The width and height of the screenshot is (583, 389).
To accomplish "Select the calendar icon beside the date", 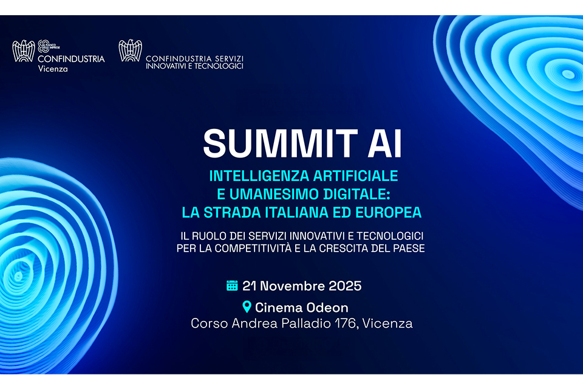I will click(232, 286).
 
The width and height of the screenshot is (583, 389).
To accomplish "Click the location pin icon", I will click(247, 307).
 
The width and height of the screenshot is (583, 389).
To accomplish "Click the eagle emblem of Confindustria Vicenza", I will click(24, 51).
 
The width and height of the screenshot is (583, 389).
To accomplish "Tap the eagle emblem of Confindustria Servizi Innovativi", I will click(130, 51).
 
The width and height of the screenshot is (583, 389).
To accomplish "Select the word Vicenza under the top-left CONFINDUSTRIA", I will click(53, 69).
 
